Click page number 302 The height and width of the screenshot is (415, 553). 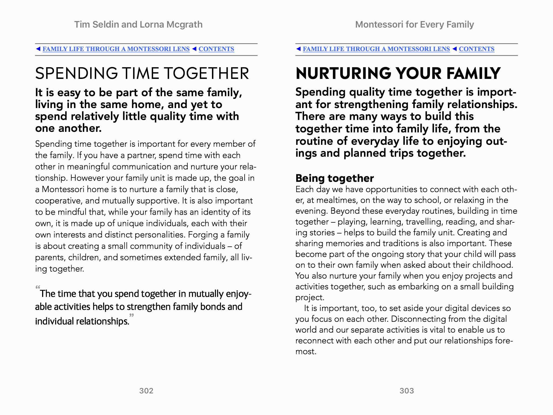(146, 391)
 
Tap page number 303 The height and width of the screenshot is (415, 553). (407, 391)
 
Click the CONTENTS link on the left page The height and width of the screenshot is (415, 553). (216, 49)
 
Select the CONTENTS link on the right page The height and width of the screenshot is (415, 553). (477, 49)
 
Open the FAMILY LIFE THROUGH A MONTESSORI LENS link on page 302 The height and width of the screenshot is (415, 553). (116, 49)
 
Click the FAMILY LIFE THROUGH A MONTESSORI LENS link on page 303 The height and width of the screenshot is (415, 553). (376, 49)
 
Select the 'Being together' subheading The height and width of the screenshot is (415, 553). (335, 178)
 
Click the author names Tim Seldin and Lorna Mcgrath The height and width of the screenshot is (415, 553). (138, 25)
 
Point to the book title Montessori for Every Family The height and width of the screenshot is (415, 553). (414, 25)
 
